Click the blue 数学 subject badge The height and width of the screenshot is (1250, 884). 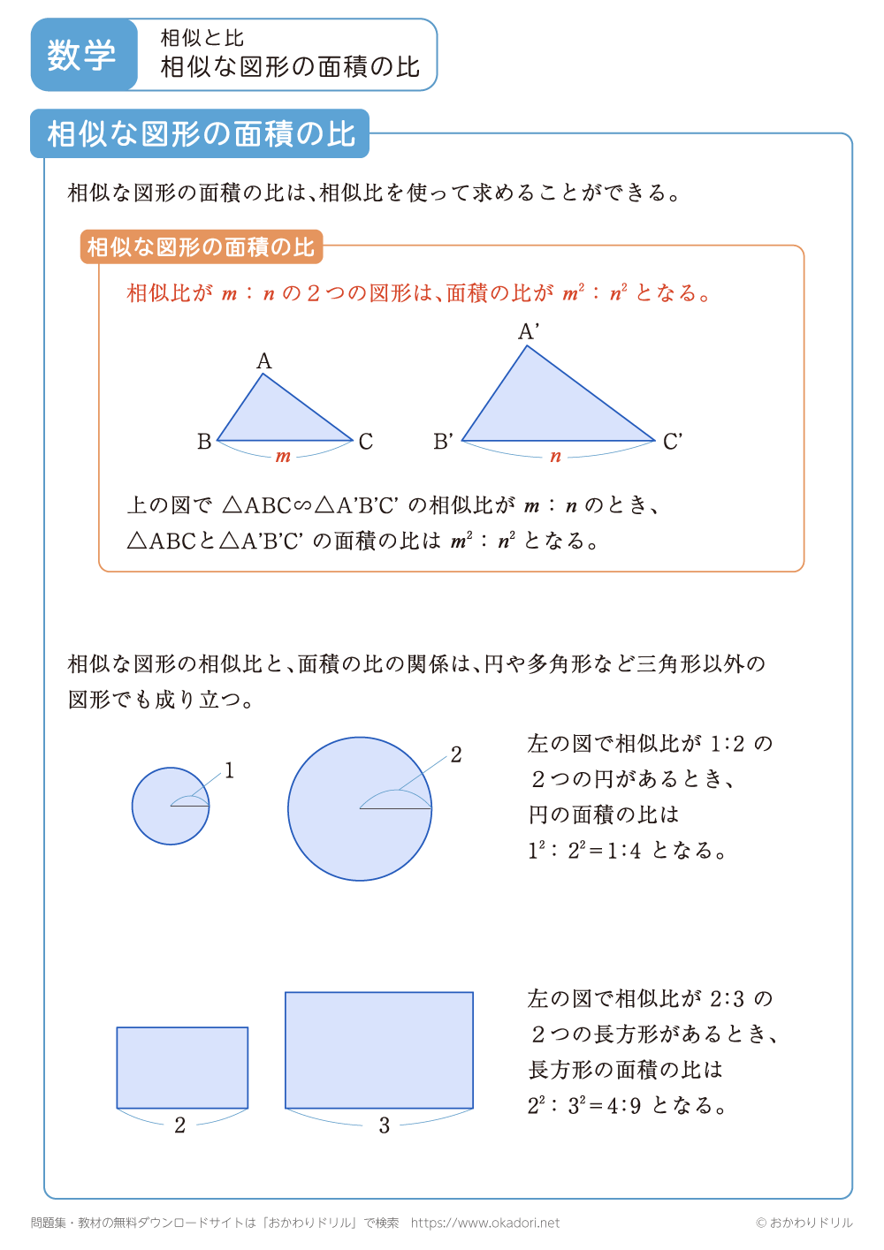83,55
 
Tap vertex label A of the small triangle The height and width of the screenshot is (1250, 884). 264,361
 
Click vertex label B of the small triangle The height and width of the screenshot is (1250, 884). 204,442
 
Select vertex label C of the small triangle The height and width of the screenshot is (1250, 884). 366,442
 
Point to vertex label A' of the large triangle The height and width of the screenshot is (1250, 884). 529,332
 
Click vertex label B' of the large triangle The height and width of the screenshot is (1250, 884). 444,442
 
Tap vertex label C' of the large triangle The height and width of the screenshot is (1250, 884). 673,442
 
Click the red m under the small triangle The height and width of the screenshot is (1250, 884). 283,457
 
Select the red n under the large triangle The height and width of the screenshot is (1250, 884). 555,457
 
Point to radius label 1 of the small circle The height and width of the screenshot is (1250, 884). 229,771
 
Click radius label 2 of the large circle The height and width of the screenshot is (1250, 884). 456,755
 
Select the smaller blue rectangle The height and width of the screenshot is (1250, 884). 182,1067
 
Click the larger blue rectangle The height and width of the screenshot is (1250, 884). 379,1049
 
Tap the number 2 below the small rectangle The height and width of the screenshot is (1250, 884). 180,1125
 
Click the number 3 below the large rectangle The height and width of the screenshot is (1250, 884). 385,1125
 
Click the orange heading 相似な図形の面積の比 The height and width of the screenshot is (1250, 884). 201,247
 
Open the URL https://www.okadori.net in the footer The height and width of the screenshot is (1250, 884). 485,1223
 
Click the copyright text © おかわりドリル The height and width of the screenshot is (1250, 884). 804,1223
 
